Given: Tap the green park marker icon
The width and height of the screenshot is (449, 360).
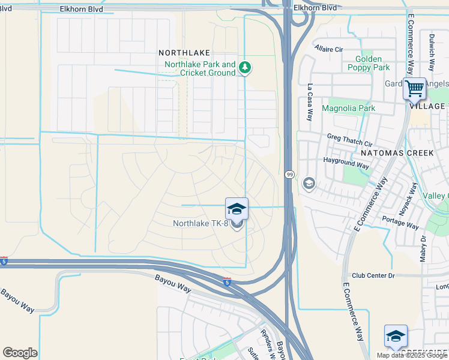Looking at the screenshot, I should tap(244, 68).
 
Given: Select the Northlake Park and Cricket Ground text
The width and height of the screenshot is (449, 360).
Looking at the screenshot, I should tap(200, 68).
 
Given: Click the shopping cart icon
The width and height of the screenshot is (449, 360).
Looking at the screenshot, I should tap(414, 88).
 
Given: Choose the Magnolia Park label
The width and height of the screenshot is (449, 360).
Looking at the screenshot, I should tap(348, 109).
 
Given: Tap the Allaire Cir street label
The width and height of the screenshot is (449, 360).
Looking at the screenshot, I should tap(328, 49).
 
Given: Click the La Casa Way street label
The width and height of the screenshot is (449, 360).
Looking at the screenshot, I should tap(310, 102).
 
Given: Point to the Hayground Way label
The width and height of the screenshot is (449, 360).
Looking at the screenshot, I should tap(346, 163).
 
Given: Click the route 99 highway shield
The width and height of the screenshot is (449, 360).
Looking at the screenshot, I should tap(289, 174).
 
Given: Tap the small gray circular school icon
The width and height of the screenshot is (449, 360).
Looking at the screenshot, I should tap(309, 183).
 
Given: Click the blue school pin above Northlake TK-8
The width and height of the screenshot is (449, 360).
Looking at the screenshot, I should tap(237, 209).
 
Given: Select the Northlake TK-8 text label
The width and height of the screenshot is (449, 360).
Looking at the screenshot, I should tap(200, 224).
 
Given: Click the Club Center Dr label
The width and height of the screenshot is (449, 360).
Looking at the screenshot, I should tap(373, 275).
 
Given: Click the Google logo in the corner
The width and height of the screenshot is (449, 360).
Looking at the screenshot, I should tap(20, 353).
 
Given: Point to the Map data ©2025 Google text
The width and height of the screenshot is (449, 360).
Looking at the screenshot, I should tap(411, 355).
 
